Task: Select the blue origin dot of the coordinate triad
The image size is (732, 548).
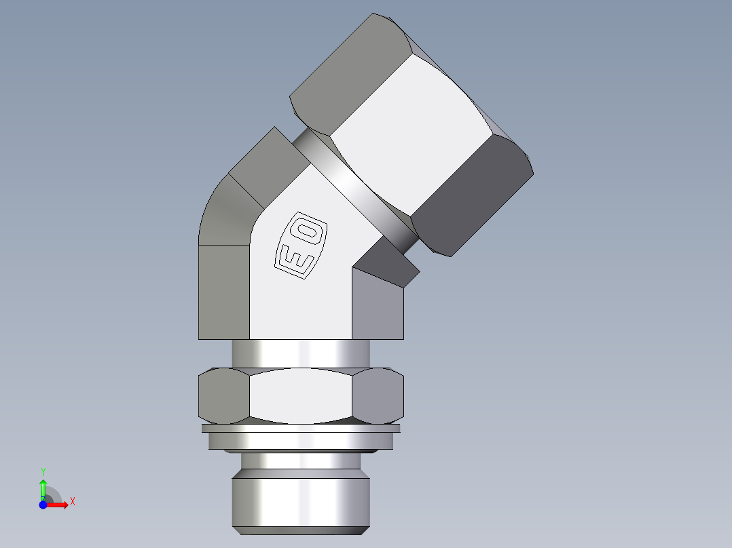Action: (x=42, y=505)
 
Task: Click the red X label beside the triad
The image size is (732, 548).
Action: (x=72, y=502)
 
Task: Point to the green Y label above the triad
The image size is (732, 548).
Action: (x=43, y=471)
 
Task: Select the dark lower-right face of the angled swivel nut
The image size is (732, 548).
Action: (x=473, y=197)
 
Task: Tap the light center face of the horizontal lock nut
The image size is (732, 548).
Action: (x=301, y=396)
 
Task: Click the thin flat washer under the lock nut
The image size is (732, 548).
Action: (x=301, y=429)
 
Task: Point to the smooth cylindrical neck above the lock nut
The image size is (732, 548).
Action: (x=301, y=353)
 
